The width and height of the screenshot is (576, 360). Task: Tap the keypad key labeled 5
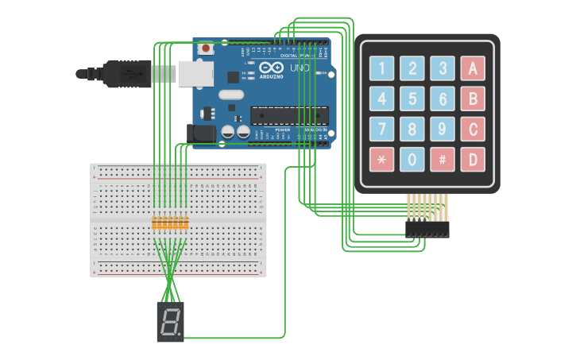[412, 99]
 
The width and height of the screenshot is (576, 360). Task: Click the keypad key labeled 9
[442, 128]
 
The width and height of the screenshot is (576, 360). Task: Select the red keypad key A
[473, 68]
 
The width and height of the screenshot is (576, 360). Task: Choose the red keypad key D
[473, 159]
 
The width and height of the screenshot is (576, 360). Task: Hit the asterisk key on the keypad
[381, 159]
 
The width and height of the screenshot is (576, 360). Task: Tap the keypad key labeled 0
[412, 159]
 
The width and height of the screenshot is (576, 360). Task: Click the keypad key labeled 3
[442, 68]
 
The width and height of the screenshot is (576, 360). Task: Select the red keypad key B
[473, 99]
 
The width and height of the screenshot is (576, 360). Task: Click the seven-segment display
[170, 322]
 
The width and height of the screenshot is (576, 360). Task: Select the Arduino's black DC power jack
[200, 133]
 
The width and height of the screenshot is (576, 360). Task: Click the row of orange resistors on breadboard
[170, 223]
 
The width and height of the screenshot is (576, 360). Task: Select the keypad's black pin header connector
[427, 229]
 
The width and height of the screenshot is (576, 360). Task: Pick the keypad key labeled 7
[381, 128]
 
